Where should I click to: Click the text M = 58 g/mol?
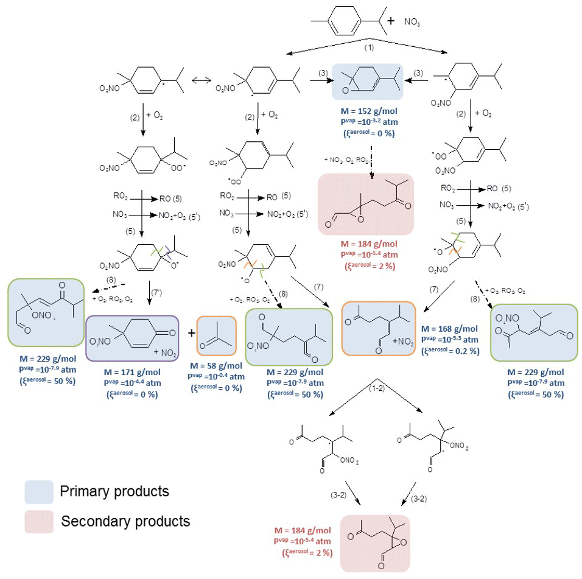(216, 366)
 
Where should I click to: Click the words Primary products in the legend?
(114, 491)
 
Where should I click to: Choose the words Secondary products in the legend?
(125, 521)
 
